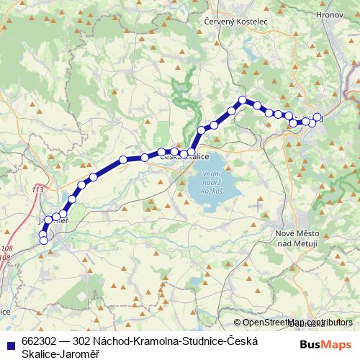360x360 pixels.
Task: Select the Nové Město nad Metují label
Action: tap(297, 239)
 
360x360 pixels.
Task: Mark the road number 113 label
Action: tap(38, 189)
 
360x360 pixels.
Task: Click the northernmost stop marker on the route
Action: tap(243, 100)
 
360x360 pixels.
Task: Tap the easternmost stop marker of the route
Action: tap(318, 117)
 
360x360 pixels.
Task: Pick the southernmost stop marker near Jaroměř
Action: tap(43, 240)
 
